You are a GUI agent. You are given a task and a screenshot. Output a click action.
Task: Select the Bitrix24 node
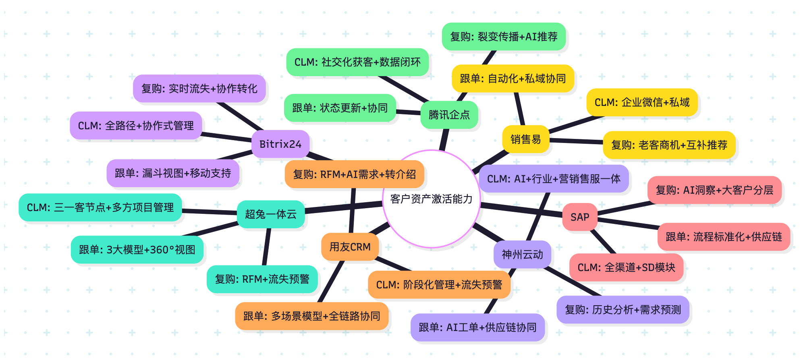280,144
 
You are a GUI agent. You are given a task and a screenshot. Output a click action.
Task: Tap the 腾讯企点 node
449,115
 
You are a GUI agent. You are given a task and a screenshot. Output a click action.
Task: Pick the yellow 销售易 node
526,139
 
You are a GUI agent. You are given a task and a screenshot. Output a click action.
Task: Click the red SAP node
580,217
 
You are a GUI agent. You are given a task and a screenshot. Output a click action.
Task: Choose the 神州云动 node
522,254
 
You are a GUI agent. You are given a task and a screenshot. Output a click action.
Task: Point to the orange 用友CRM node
350,247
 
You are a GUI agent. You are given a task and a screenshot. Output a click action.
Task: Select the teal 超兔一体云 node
271,214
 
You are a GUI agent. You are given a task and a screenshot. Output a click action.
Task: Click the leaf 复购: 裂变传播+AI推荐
504,37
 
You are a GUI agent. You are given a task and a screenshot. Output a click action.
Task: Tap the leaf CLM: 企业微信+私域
642,102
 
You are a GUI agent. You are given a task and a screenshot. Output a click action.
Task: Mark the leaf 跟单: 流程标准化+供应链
724,237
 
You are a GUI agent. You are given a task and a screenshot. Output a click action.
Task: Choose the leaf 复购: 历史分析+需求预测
623,310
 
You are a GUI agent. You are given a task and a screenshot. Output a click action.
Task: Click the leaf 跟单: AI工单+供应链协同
477,327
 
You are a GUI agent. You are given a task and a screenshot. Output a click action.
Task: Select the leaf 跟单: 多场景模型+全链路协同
311,316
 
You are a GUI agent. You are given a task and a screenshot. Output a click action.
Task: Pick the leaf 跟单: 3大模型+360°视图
137,250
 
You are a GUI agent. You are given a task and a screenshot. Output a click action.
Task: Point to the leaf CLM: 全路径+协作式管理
136,126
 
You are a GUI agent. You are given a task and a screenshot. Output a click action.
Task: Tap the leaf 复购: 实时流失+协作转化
199,89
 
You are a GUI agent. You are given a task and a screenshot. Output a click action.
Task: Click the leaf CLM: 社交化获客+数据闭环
357,62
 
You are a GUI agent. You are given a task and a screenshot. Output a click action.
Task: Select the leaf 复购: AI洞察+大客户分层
714,190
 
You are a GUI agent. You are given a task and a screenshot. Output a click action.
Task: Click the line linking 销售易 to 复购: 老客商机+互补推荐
576,141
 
